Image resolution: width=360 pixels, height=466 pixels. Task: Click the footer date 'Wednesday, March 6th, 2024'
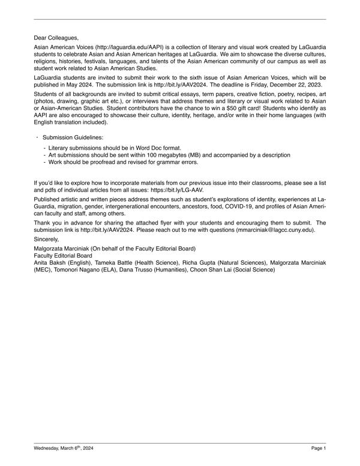[64, 448]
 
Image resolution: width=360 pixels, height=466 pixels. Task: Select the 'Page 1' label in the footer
[319, 448]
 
